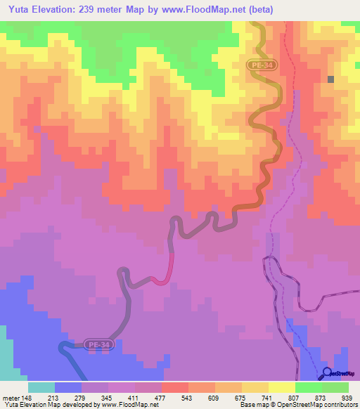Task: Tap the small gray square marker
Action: [x=330, y=79]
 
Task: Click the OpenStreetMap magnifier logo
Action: [x=328, y=372]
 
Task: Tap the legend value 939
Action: [x=349, y=397]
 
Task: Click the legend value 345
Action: [x=108, y=397]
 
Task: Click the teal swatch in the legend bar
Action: [x=41, y=387]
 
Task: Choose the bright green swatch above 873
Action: [x=309, y=387]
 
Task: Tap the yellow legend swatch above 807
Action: [x=282, y=387]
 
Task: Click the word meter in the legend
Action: [x=11, y=397]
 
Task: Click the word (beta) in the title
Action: [x=256, y=10]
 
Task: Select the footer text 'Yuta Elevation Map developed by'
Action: [x=41, y=405]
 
